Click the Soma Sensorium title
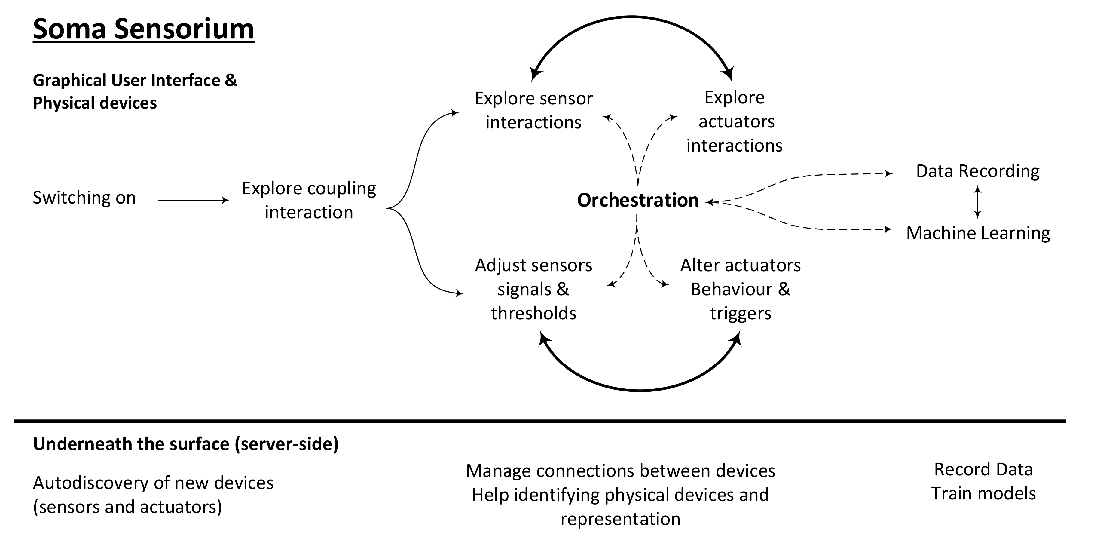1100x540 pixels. click(x=143, y=29)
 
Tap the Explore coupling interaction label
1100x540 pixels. click(x=309, y=200)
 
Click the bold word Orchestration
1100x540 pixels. click(x=637, y=200)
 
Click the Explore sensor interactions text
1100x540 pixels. click(x=533, y=110)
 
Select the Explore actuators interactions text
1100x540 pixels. click(x=735, y=121)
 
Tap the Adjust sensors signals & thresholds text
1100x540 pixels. click(x=533, y=289)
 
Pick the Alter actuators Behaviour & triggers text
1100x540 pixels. click(x=741, y=289)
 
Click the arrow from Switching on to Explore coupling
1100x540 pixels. click(x=193, y=200)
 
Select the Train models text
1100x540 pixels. click(x=983, y=493)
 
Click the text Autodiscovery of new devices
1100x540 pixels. click(x=153, y=483)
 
